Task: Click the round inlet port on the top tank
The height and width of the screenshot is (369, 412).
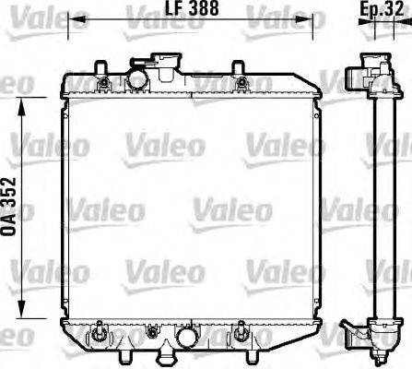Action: coord(136,77)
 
